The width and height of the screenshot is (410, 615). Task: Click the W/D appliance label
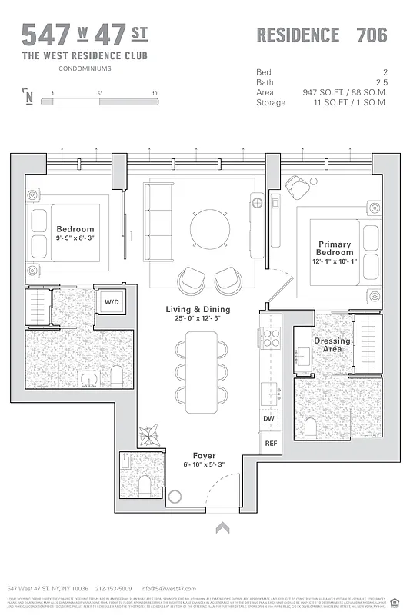coord(112,302)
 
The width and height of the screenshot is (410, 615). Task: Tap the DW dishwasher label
coord(269,418)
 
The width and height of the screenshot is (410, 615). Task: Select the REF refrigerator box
coord(270,444)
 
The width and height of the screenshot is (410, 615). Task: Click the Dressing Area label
coord(332,345)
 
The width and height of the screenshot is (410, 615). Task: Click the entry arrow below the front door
coord(223,527)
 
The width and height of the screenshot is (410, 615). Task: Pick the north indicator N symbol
coord(28,96)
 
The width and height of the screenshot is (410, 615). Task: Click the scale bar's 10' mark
coord(155,93)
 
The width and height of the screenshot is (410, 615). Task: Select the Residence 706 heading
coord(321,35)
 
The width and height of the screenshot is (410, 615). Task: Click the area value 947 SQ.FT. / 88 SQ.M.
coord(345,92)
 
